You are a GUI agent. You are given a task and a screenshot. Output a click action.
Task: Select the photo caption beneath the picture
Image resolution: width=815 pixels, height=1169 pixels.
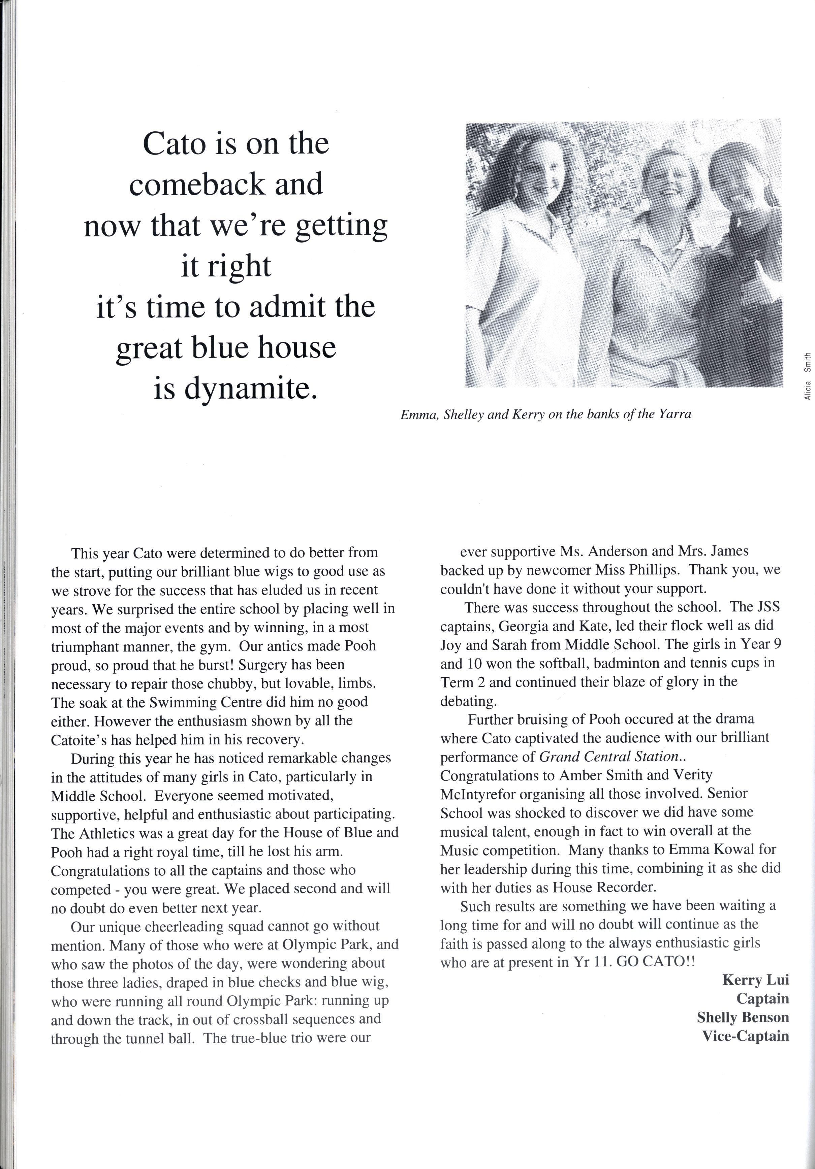point(545,414)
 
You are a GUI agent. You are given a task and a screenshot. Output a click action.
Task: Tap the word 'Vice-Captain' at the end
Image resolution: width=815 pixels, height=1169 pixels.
point(745,1036)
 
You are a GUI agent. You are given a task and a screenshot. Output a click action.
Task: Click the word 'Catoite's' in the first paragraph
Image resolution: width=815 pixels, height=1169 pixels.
point(81,740)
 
